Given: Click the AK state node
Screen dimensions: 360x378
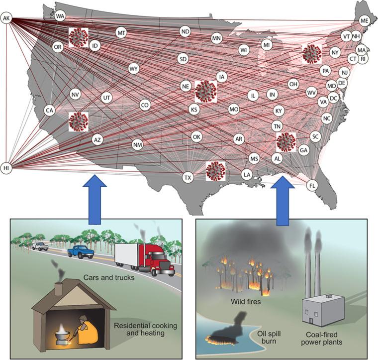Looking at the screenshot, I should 6,19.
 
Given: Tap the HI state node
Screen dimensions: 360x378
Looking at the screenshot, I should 6,168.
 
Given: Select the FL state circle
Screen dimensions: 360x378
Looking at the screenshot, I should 312,185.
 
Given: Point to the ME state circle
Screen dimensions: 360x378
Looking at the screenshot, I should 365,20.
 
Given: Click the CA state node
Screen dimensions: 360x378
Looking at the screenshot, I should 49,110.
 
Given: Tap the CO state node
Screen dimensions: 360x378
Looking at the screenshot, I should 145,105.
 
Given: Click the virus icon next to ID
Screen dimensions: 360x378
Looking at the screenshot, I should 78,37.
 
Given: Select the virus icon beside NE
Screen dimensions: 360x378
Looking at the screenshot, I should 205,91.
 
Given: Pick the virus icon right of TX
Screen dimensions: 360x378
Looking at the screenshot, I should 215,171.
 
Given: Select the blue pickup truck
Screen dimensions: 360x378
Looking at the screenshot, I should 81,251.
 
